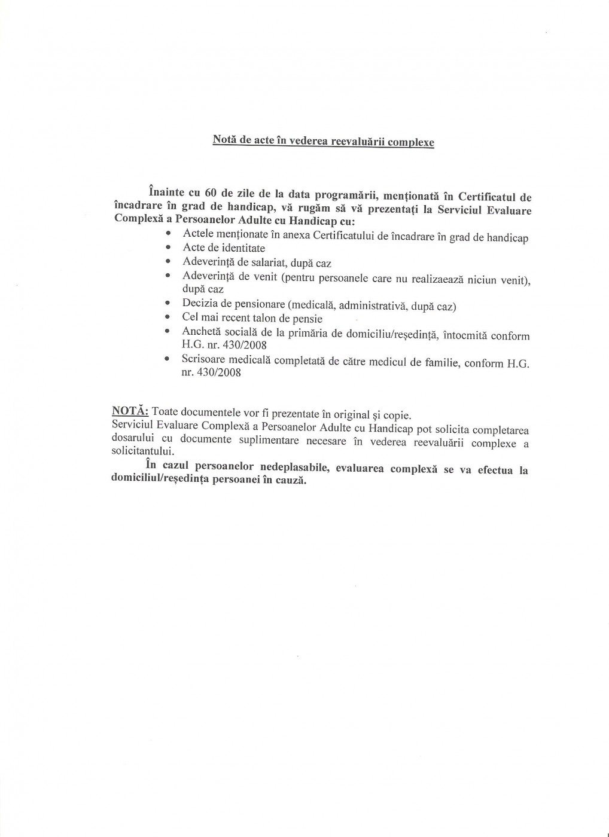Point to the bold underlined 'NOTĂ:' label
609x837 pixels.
130,411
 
